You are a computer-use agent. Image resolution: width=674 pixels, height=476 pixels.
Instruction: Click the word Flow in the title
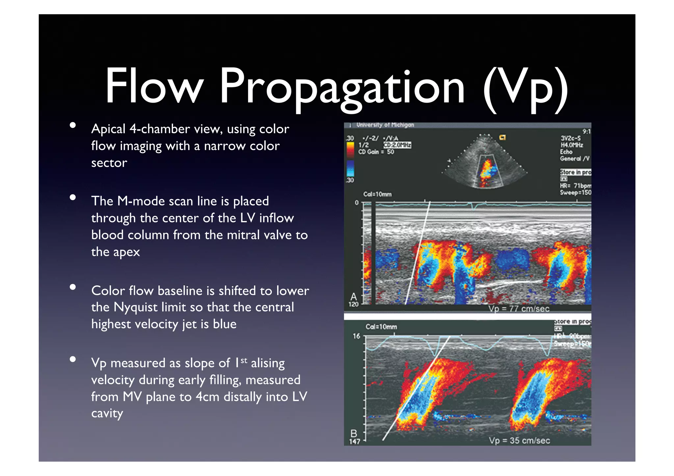pyautogui.click(x=154, y=86)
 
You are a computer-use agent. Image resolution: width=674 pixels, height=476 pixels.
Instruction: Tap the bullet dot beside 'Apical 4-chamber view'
pyautogui.click(x=73, y=125)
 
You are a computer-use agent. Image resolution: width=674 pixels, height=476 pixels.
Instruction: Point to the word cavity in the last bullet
pyautogui.click(x=107, y=413)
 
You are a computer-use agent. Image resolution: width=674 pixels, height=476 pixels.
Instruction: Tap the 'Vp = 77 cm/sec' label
pyautogui.click(x=519, y=309)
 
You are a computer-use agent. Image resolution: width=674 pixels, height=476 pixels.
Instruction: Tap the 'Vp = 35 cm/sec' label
pyautogui.click(x=519, y=440)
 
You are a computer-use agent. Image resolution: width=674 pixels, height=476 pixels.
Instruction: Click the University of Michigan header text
pyautogui.click(x=385, y=125)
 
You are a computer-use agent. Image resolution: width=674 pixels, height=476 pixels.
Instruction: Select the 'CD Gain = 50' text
pyautogui.click(x=376, y=152)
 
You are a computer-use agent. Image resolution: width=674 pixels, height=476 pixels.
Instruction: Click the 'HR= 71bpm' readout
pyautogui.click(x=575, y=186)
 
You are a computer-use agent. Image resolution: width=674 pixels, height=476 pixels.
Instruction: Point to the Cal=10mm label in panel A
pyautogui.click(x=377, y=194)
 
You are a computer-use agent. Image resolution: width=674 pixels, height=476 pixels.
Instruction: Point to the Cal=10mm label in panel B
pyautogui.click(x=381, y=327)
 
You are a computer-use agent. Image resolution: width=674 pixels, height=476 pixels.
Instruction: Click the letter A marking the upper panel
pyautogui.click(x=353, y=297)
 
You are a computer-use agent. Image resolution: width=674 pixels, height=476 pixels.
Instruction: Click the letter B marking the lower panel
pyautogui.click(x=354, y=434)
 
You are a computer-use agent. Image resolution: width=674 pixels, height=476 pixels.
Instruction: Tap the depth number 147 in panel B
pyautogui.click(x=354, y=441)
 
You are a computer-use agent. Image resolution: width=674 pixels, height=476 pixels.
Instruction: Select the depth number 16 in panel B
pyautogui.click(x=356, y=336)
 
